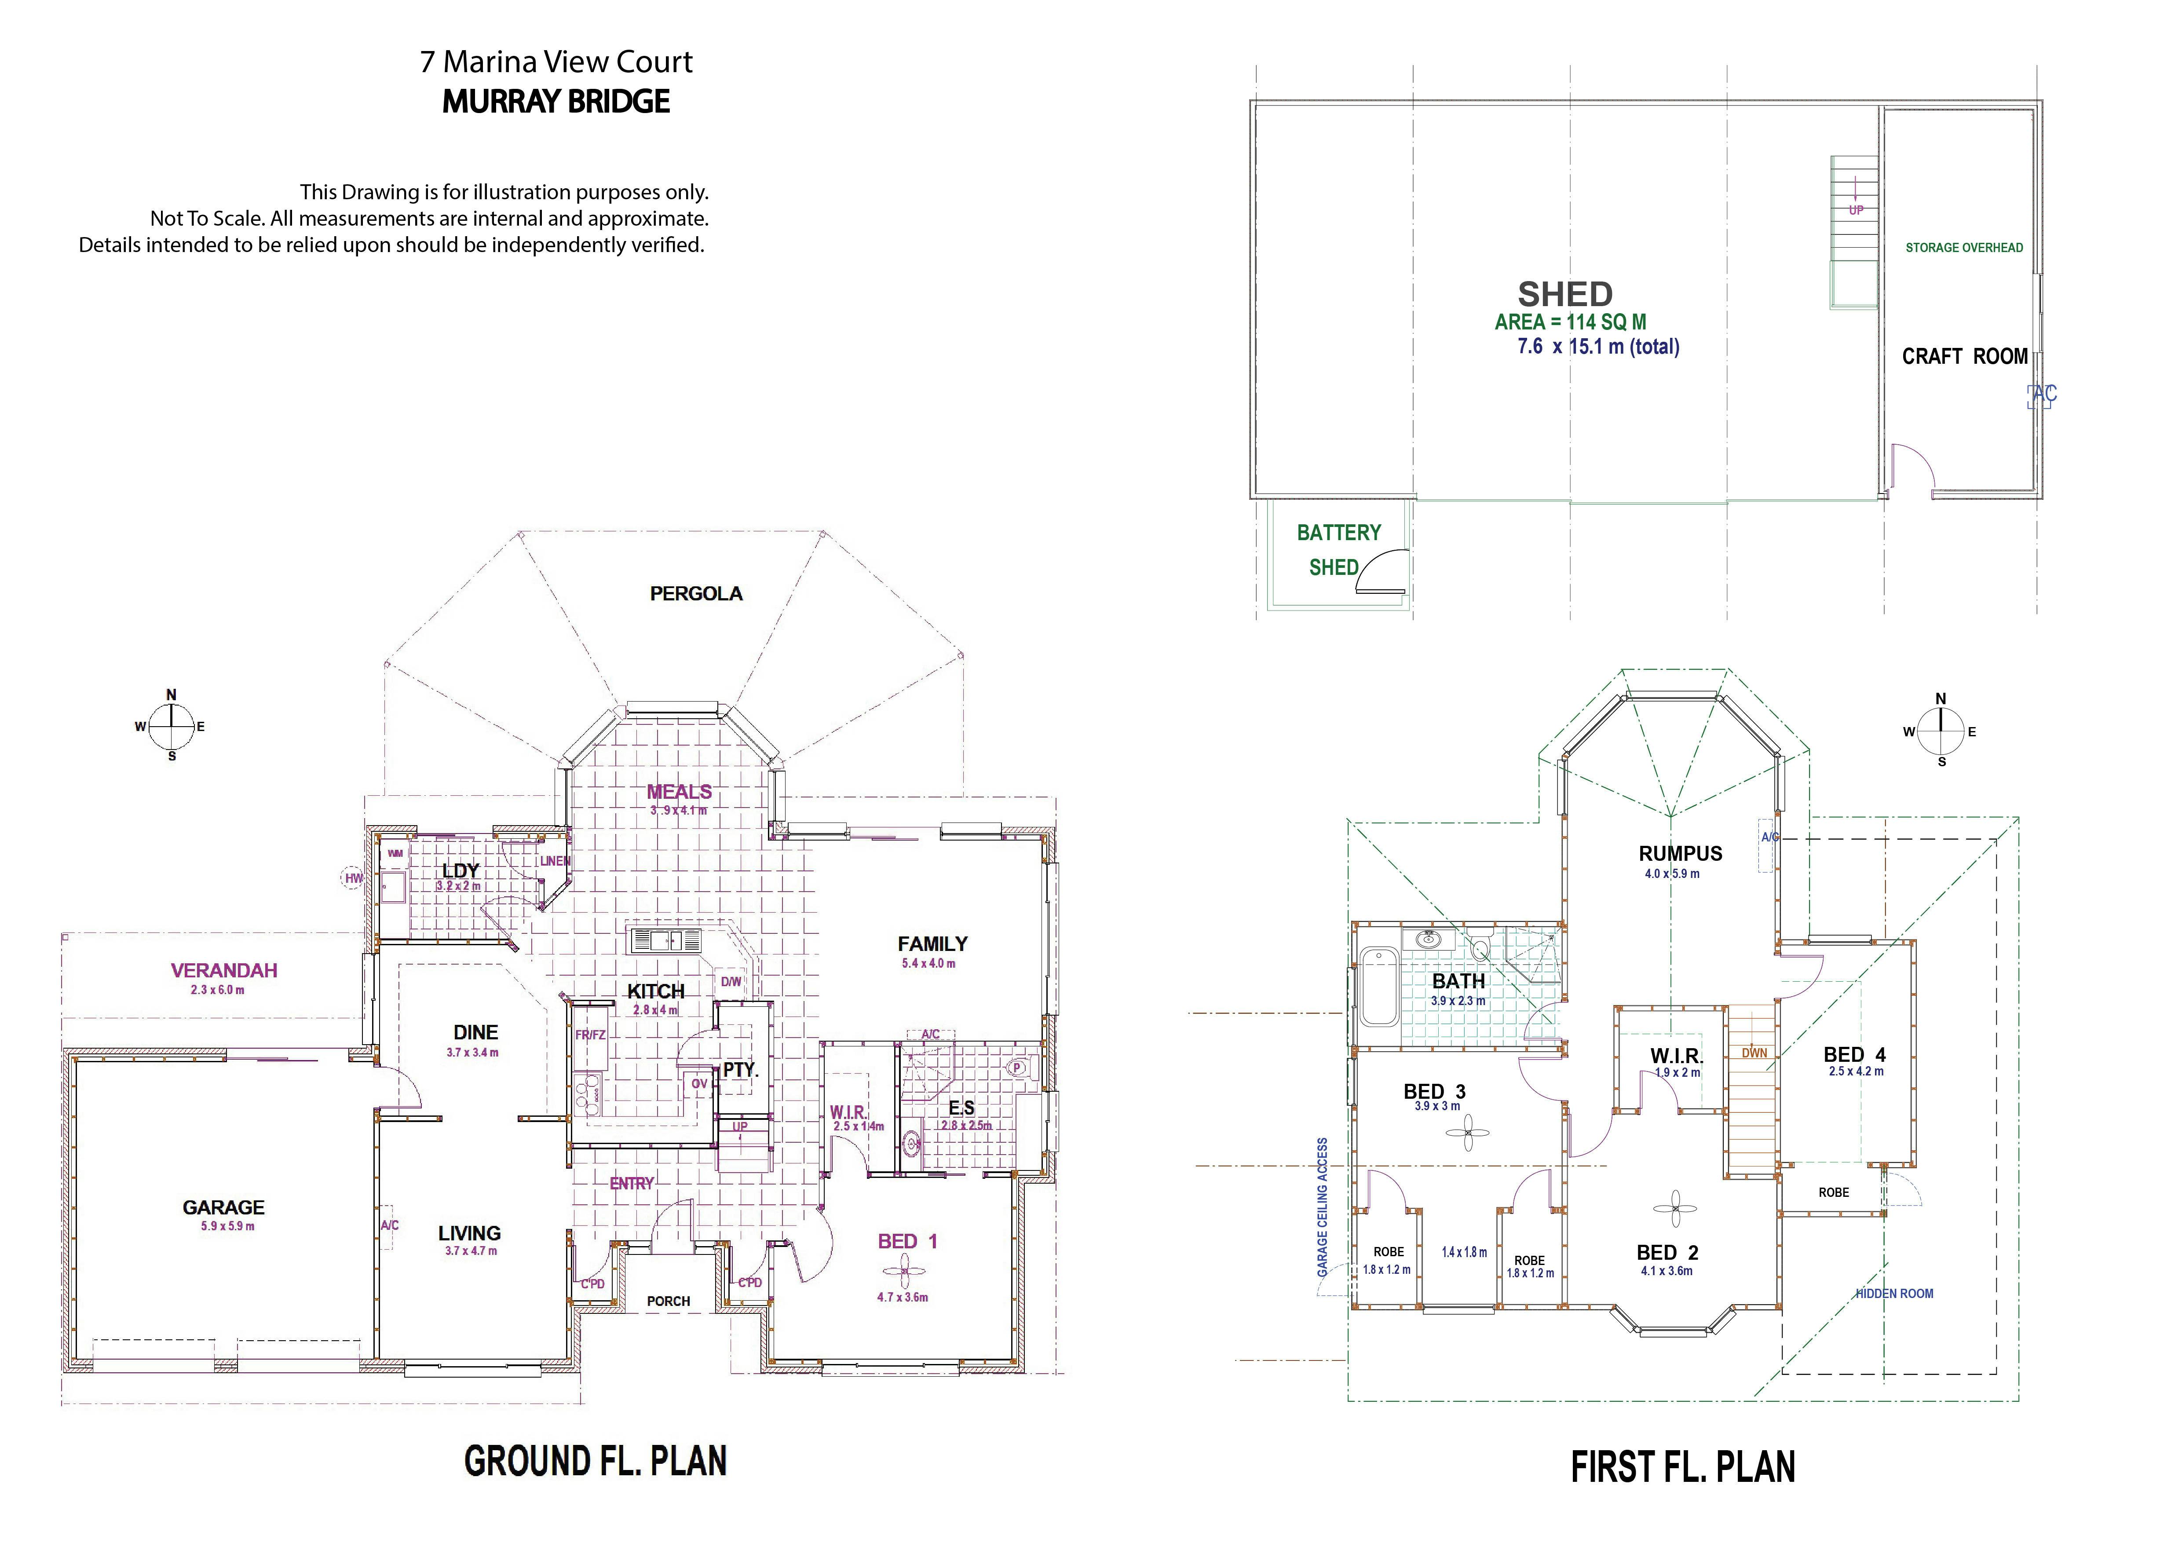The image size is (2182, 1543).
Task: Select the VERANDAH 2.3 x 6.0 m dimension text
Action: [x=218, y=990]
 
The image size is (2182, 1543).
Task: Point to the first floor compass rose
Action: [x=1941, y=731]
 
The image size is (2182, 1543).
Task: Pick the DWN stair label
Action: [x=1754, y=1053]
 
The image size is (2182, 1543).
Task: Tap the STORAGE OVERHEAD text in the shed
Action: [x=1964, y=248]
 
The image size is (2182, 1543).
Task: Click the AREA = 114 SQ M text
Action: [x=1570, y=322]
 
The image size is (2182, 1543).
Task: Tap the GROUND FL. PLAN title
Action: [x=596, y=1461]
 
